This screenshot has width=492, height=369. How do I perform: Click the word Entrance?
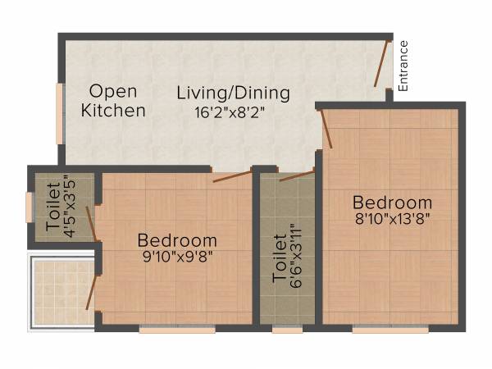403,65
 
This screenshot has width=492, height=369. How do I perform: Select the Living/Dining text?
233,93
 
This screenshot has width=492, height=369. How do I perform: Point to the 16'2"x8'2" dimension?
233,114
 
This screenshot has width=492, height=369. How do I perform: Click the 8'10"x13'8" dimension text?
392,219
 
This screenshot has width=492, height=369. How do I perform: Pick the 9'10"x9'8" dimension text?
177,257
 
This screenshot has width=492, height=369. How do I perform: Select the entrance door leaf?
382,63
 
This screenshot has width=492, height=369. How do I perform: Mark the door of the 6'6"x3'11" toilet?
296,175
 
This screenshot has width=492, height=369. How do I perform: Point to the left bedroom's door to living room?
232,175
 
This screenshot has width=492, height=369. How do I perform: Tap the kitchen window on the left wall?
59,112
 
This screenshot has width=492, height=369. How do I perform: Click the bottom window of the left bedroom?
177,330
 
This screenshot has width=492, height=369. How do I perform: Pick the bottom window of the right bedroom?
389,330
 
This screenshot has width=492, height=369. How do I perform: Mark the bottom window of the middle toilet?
287,330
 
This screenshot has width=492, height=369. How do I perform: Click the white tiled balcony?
61,291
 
